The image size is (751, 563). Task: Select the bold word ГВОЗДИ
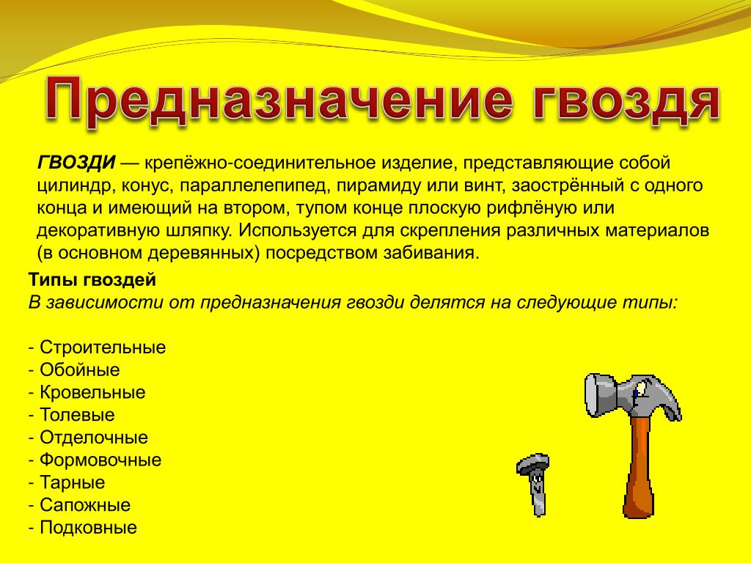76,163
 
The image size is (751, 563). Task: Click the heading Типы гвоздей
92,279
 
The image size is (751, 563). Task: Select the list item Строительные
103,347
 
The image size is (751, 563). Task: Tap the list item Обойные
79,369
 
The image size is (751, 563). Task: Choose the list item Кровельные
92,392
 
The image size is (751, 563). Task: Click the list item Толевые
77,415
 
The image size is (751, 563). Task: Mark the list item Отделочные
94,437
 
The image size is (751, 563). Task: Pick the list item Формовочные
100,460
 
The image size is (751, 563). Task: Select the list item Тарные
73,482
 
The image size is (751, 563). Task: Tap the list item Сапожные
85,504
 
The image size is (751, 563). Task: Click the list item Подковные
89,527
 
